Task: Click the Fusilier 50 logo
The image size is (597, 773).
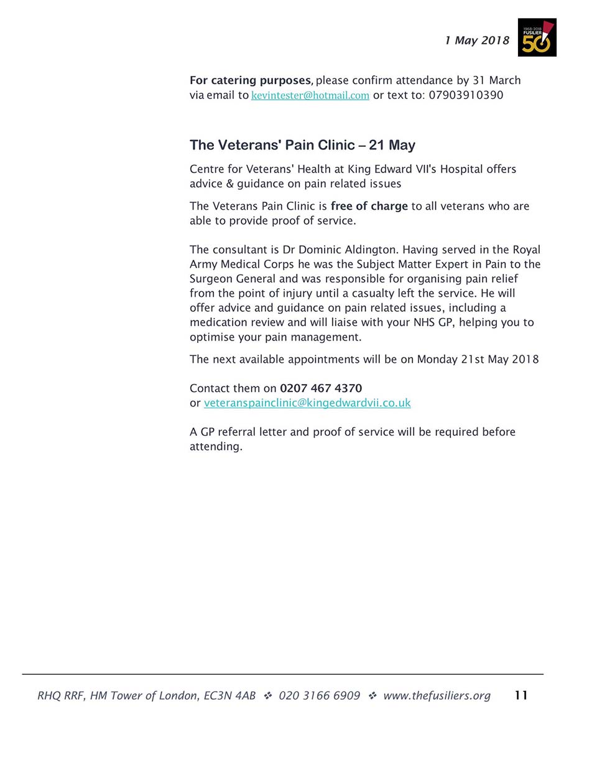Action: (537, 37)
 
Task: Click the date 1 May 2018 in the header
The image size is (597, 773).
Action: (477, 40)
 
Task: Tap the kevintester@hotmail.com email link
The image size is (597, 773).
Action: (310, 95)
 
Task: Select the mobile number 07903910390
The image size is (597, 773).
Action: (466, 95)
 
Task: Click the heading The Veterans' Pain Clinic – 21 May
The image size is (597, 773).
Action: (302, 145)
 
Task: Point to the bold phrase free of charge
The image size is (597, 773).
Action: (369, 206)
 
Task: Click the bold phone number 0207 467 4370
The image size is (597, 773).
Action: (321, 388)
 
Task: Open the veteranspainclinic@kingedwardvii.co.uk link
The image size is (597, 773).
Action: (307, 403)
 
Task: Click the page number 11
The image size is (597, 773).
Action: (521, 695)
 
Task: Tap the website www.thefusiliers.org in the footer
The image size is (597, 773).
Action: (437, 695)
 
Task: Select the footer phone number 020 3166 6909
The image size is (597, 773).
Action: (319, 695)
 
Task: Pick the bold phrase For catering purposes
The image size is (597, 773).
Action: (250, 80)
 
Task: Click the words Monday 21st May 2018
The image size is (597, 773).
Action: (478, 359)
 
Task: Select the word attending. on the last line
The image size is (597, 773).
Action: (216, 446)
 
